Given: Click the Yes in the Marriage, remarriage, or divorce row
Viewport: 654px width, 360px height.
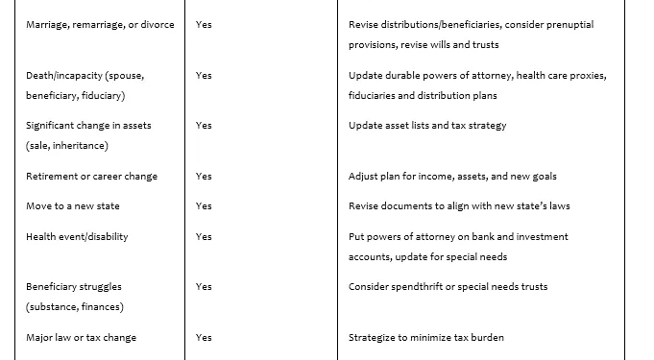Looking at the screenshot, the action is (204, 24).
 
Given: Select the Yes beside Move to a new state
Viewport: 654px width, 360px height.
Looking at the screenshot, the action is (204, 206).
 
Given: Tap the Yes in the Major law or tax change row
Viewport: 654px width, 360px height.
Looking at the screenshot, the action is (204, 337).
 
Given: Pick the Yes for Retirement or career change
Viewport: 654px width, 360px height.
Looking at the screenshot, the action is (204, 176).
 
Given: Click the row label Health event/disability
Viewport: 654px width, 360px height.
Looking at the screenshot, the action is (77, 236).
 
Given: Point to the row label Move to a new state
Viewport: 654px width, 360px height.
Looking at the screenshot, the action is (73, 206).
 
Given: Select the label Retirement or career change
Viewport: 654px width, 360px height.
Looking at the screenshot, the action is (92, 176).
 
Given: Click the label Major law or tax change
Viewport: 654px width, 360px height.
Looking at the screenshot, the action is (82, 337).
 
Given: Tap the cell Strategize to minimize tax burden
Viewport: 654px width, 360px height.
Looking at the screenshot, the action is (426, 337).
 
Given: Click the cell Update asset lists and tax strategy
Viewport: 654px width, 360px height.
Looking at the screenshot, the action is (427, 125).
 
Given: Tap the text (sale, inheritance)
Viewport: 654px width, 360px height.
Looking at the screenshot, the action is (67, 146).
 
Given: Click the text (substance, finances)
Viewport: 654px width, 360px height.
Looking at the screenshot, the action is (74, 307).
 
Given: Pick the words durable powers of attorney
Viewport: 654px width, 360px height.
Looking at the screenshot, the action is (437, 75).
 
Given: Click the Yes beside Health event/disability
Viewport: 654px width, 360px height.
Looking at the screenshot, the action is (204, 236).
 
